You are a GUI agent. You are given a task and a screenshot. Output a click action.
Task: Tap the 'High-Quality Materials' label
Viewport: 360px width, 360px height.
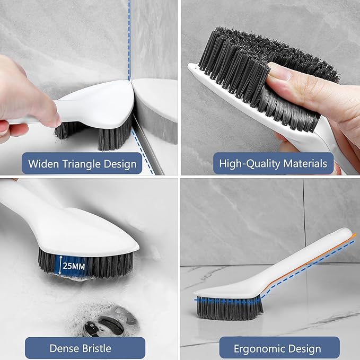point(274,163)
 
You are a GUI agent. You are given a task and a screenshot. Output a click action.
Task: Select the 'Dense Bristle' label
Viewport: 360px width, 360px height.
point(80,348)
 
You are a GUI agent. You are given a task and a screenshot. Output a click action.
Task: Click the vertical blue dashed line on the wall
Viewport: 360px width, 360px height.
point(129,32)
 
